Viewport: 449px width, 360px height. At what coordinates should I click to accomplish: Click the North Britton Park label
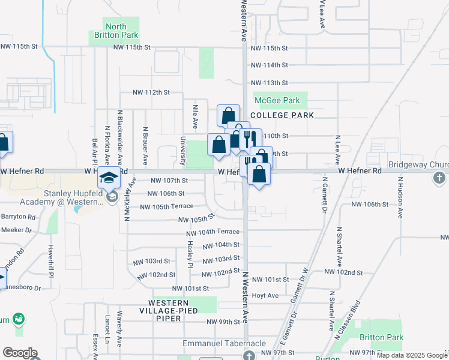[x=116, y=31]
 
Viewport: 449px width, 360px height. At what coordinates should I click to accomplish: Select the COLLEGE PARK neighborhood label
[x=283, y=115]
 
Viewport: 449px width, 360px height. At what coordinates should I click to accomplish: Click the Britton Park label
[x=382, y=338]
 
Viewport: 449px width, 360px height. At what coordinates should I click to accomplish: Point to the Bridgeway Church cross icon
[x=439, y=178]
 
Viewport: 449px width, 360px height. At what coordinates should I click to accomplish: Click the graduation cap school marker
[x=110, y=178]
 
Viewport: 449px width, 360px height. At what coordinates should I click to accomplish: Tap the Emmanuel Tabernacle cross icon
[x=249, y=355]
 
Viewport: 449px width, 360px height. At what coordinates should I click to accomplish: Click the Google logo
[x=20, y=353]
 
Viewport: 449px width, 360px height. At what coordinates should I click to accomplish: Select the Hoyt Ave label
[x=265, y=295]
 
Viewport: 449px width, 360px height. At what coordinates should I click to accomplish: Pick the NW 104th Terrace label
[x=213, y=232]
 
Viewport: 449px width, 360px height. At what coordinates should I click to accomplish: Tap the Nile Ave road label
[x=195, y=116]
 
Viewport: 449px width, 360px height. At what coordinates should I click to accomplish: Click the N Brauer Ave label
[x=145, y=146]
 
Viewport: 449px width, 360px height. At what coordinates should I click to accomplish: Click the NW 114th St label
[x=270, y=65]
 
